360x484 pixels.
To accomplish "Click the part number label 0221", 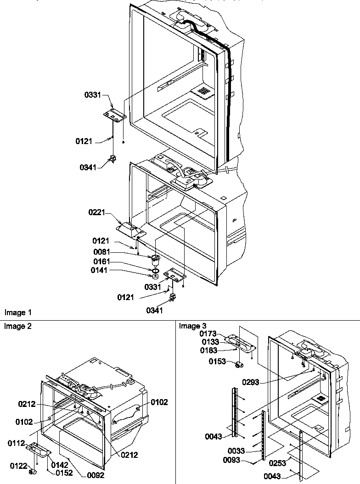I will [97, 213].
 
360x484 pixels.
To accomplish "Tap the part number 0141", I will [101, 271].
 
